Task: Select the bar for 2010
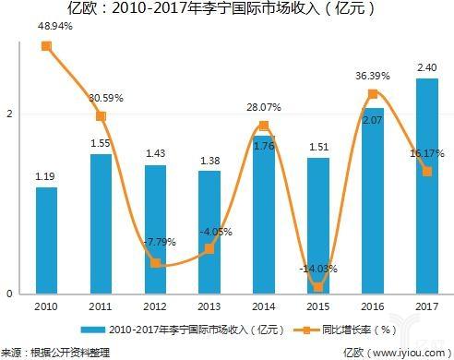tap(46, 240)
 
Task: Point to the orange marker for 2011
tap(101, 116)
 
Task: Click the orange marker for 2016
tap(372, 94)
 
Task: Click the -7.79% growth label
tap(154, 243)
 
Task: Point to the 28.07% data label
tap(263, 108)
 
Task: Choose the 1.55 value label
tap(101, 144)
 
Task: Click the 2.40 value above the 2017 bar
tap(426, 67)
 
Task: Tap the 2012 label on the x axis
tap(154, 306)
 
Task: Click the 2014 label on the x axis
tap(263, 306)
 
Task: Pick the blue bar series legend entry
tap(175, 330)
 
